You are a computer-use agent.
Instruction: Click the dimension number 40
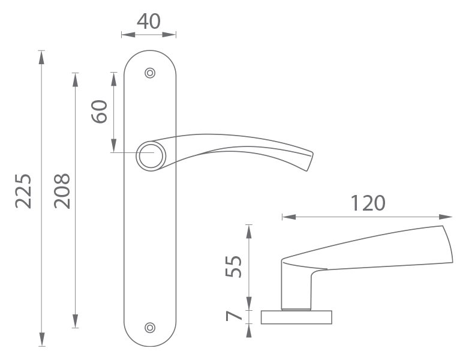(x=149, y=22)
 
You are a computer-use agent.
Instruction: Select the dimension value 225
(x=23, y=191)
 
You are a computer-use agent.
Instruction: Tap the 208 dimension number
(x=62, y=191)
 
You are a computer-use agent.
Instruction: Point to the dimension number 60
(x=100, y=112)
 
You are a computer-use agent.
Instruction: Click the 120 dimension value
(x=368, y=203)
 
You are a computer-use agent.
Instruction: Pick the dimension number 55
(x=233, y=266)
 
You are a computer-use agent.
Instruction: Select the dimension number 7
(x=234, y=316)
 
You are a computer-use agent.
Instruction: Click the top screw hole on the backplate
(x=150, y=73)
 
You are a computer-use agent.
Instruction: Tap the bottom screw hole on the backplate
(x=150, y=328)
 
